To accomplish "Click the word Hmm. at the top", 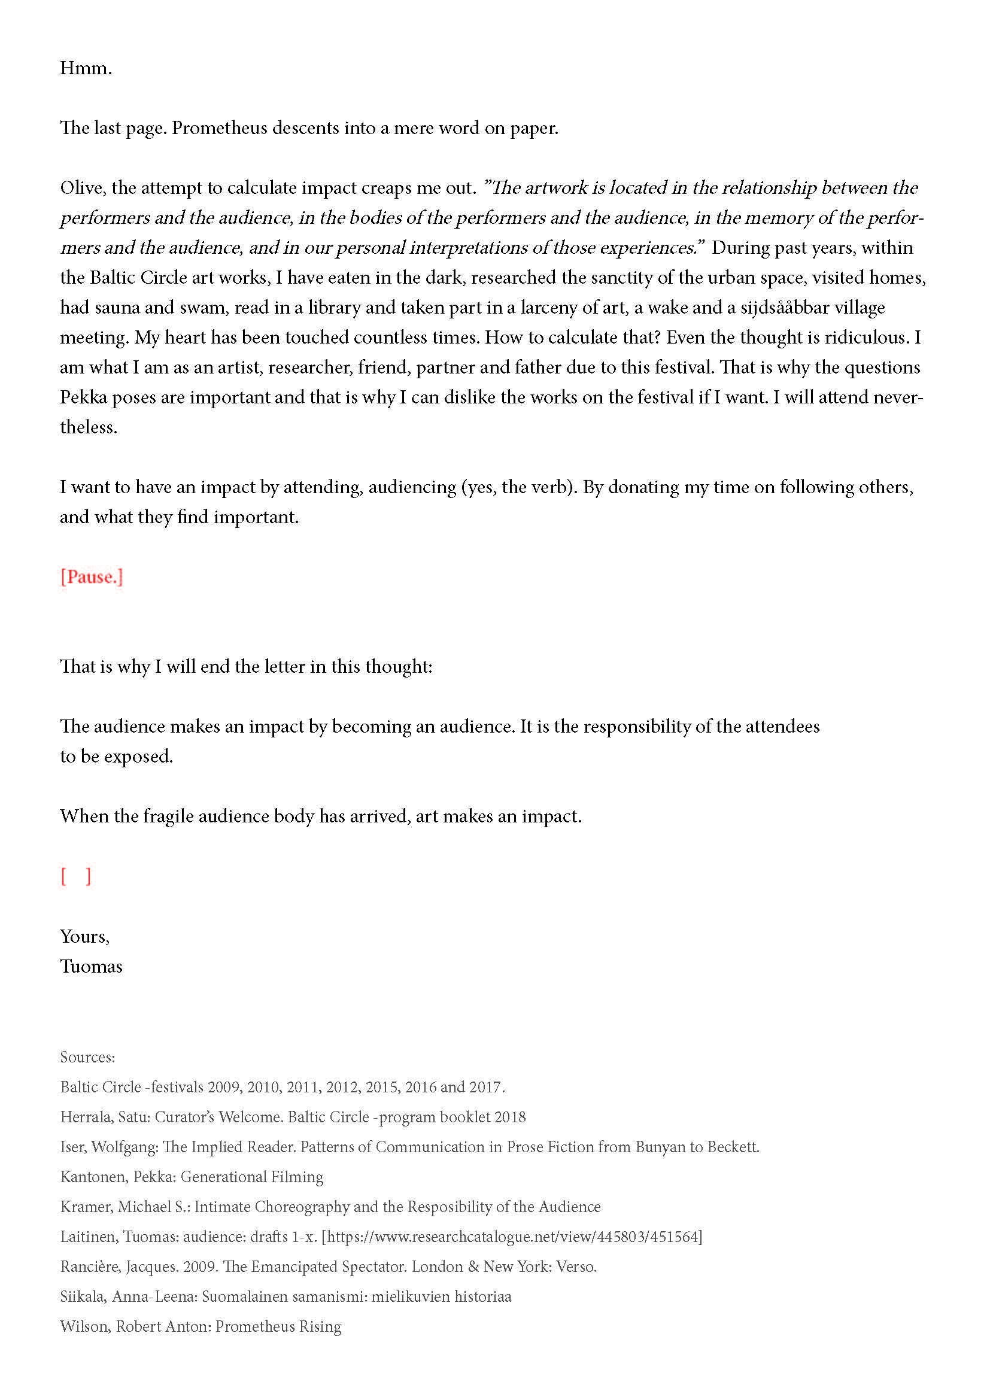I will pos(86,68).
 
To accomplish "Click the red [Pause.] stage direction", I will pos(92,577).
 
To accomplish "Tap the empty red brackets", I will pos(75,876).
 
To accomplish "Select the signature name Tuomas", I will pos(91,967).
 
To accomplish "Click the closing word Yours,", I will pos(85,937).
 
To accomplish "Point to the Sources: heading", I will pos(87,1057).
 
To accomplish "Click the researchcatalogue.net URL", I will pos(512,1237).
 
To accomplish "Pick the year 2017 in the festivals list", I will pos(485,1087).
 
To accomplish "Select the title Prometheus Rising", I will pos(278,1326).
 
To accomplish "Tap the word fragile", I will pos(168,816).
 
